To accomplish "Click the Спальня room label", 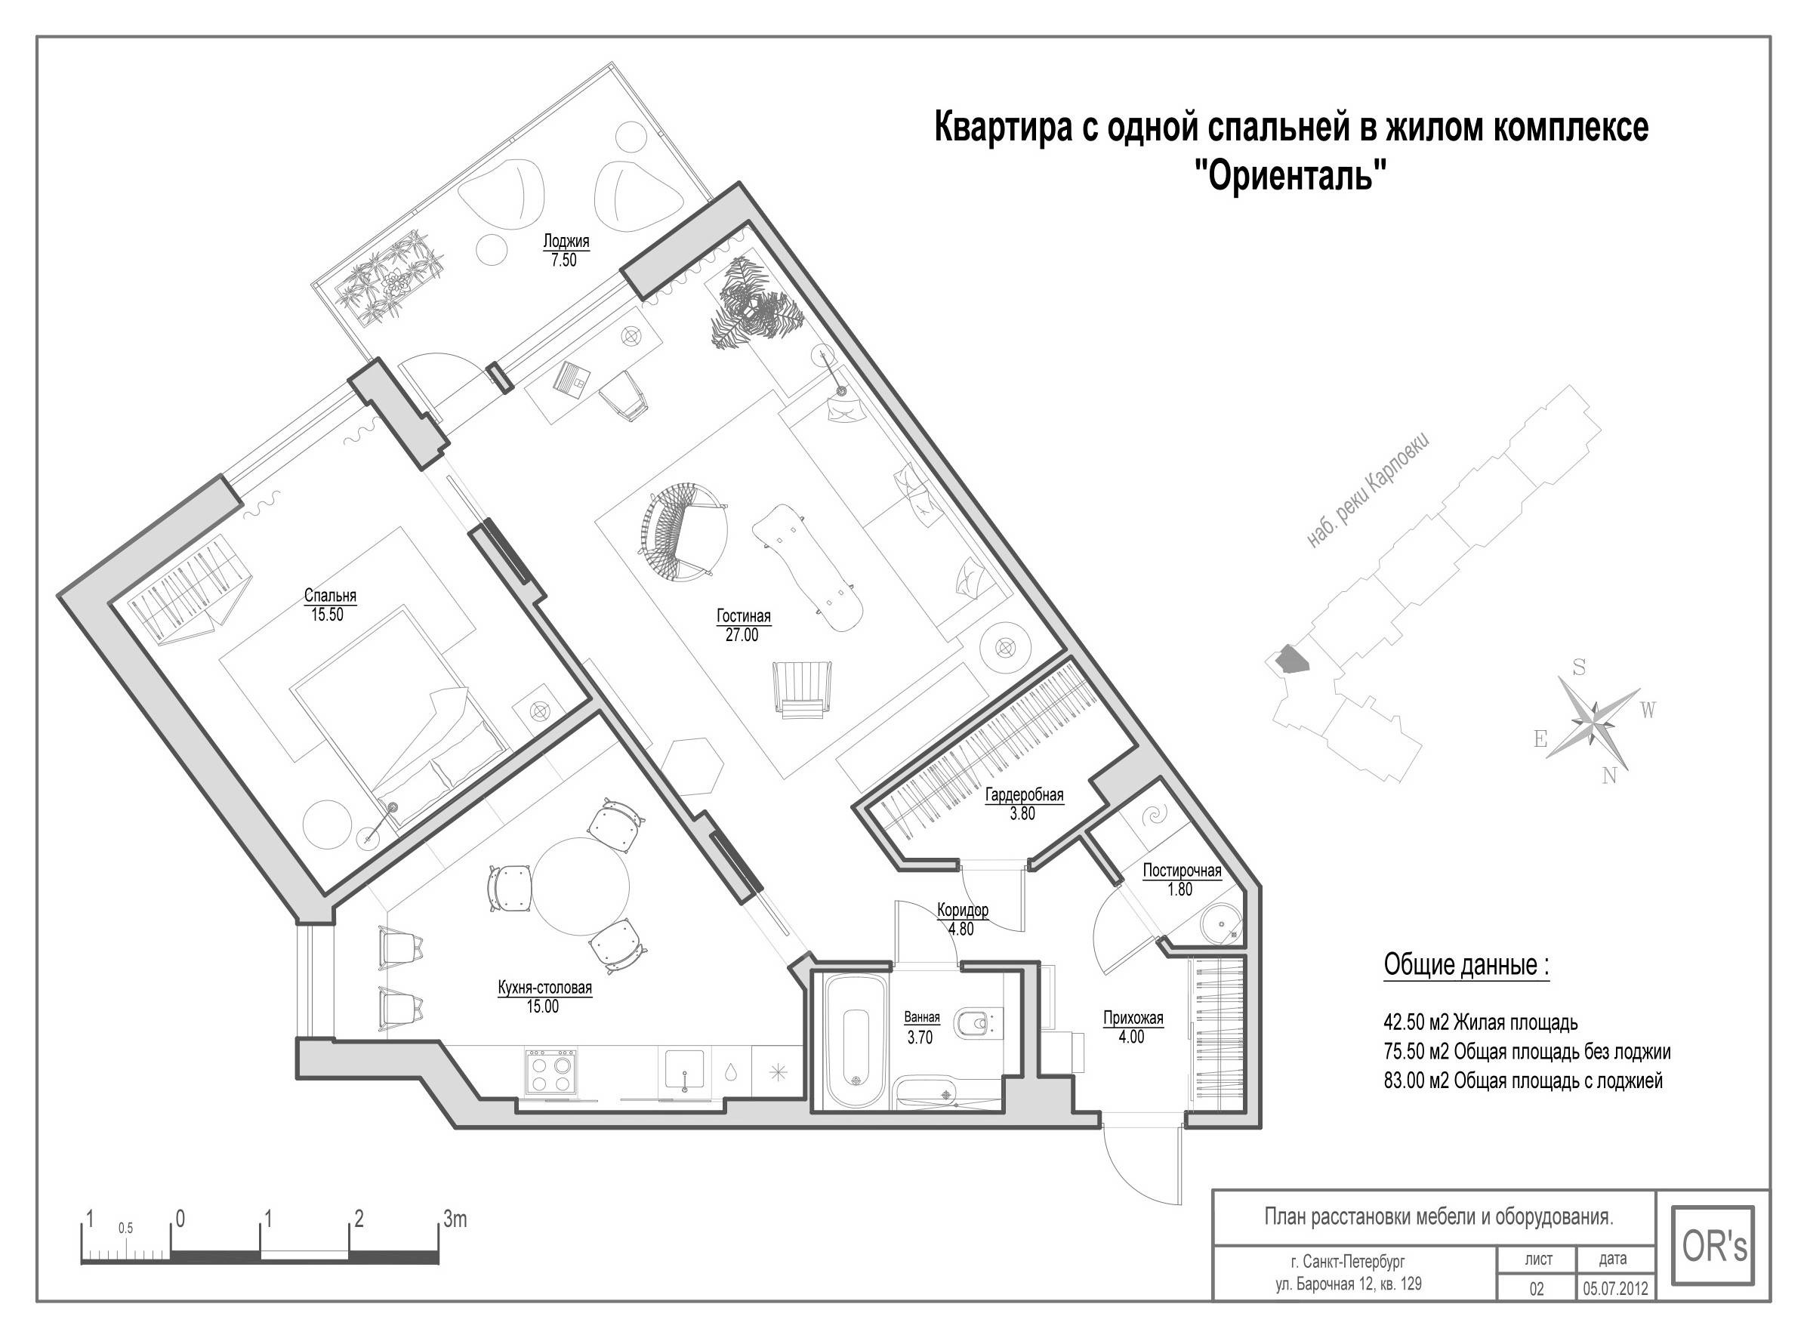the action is (330, 595).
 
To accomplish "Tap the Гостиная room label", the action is (744, 616).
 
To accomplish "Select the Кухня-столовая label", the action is (544, 988).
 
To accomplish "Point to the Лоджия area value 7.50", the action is (564, 260).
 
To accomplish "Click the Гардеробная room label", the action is (1024, 794).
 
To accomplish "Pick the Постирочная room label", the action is (1182, 871).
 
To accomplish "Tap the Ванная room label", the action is (922, 1018).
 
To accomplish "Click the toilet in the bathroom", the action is (974, 1025).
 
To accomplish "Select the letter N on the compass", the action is (1608, 776).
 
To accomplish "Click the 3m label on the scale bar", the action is (455, 1219).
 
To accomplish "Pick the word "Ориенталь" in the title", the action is (1292, 175).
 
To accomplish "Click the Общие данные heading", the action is (1466, 966).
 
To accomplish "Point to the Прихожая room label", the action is (1133, 1018).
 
